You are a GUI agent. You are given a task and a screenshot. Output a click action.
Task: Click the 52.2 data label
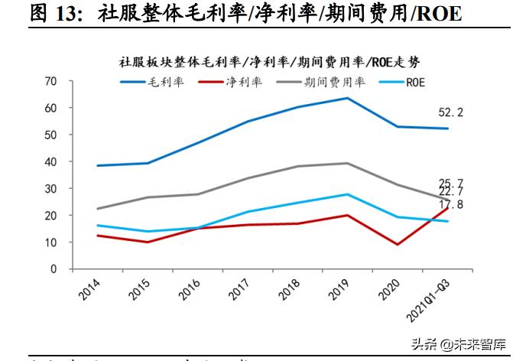(x=451, y=112)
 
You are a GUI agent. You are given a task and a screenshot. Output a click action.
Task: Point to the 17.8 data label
(x=451, y=204)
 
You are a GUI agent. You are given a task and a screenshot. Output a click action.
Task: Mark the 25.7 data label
(x=451, y=183)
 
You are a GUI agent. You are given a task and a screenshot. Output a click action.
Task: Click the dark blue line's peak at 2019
(x=348, y=98)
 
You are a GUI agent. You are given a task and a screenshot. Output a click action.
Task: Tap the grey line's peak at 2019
(x=348, y=163)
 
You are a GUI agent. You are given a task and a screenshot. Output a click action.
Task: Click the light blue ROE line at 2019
(x=348, y=194)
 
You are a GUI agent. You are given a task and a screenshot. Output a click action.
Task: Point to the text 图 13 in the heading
(x=54, y=14)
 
